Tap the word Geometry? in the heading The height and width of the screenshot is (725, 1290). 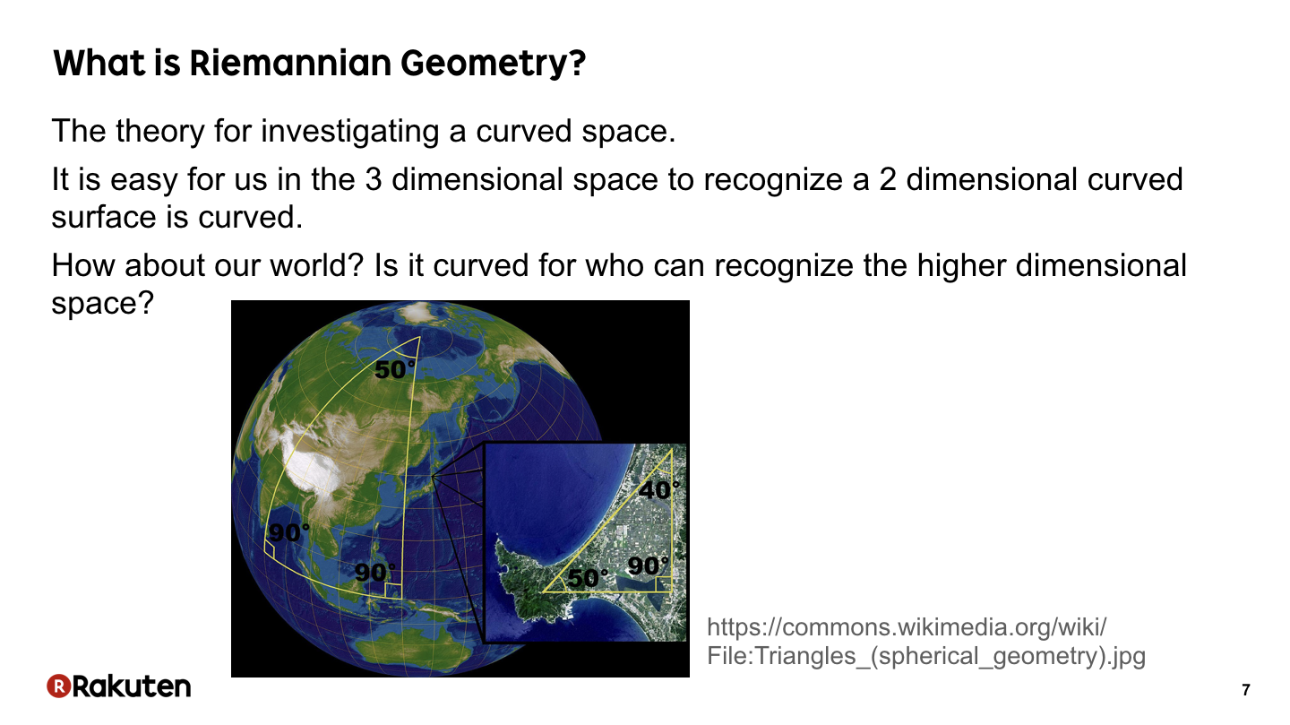click(493, 65)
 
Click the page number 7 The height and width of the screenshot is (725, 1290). click(1246, 690)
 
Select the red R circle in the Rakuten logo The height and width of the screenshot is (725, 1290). click(59, 686)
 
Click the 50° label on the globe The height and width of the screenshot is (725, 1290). click(395, 369)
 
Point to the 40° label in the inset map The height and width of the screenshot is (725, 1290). click(659, 490)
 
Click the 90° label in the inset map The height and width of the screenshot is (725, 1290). click(649, 565)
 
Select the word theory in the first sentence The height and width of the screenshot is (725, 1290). click(160, 132)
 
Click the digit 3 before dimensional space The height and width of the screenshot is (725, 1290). click(374, 179)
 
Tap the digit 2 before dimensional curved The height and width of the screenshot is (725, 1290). click(888, 179)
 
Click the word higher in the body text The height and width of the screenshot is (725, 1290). click(961, 266)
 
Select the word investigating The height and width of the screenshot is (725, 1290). click(349, 132)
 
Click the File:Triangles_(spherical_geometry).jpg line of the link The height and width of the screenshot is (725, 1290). click(926, 656)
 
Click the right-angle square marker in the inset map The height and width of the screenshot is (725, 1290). click(664, 583)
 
